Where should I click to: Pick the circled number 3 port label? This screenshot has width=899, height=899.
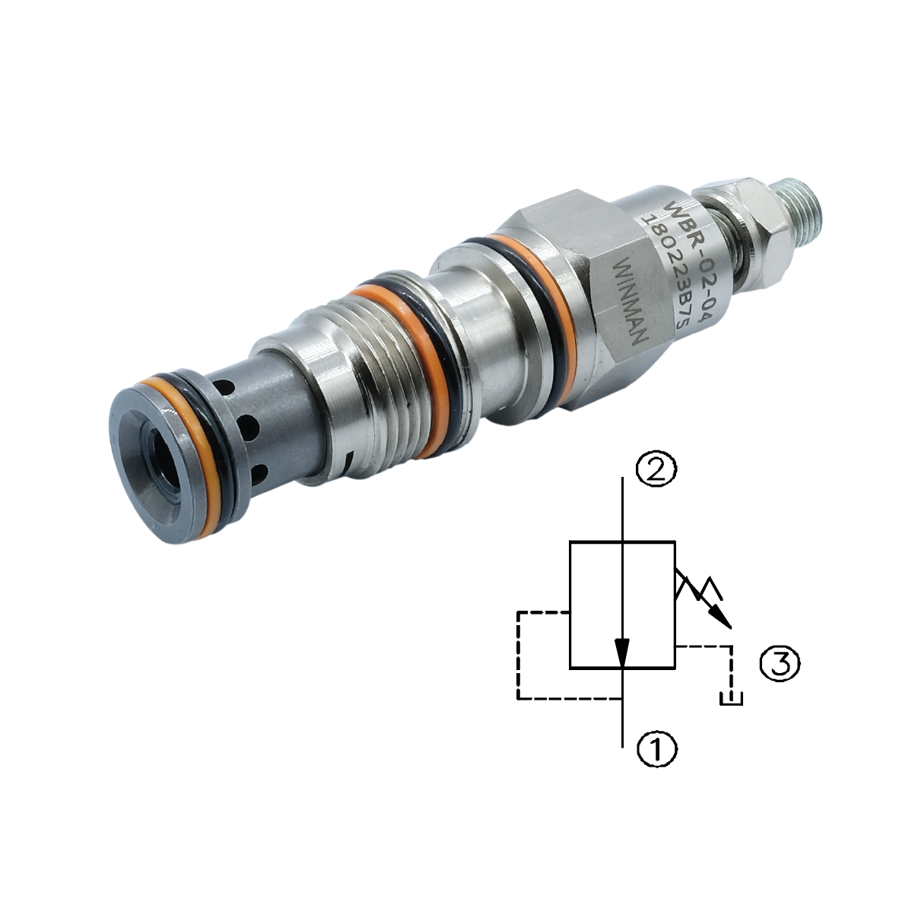pos(780,663)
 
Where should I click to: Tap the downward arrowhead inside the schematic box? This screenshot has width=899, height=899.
pos(622,653)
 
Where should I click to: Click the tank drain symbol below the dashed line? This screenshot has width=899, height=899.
pos(731,698)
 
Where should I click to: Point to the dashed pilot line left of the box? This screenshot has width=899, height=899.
pos(518,654)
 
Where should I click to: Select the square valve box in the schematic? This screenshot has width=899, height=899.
pos(622,605)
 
